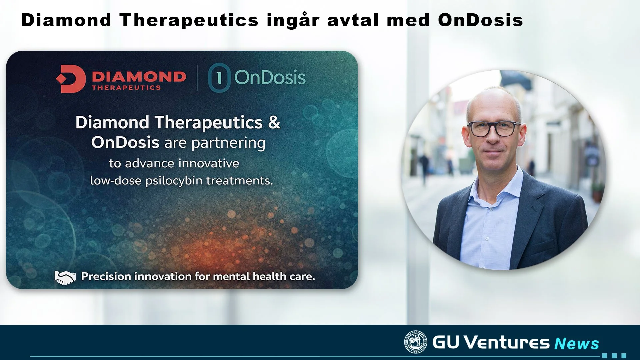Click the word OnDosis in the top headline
[480, 20]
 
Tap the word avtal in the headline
[353, 20]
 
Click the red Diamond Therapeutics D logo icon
[71, 79]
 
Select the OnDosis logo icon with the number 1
[219, 78]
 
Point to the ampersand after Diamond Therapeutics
[274, 122]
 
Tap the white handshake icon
[65, 277]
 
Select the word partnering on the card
[228, 143]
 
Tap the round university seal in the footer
[415, 342]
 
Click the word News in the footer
[577, 343]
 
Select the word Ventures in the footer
[507, 342]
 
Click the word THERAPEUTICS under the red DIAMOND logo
[126, 88]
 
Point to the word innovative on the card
[209, 163]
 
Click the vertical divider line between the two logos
[197, 78]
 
